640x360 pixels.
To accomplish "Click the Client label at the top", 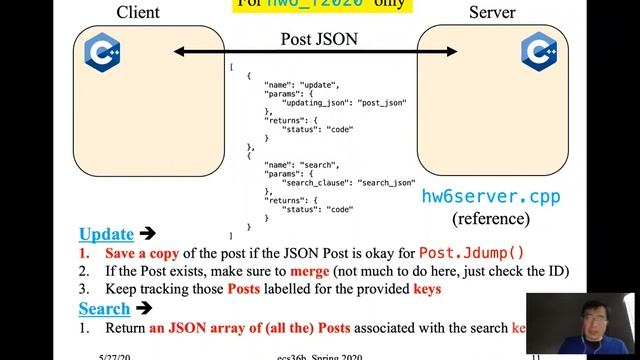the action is (138, 13).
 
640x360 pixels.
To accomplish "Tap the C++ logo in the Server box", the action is (538, 50).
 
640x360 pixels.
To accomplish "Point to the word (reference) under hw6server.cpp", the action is (490, 217).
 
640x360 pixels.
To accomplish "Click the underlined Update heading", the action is (107, 234).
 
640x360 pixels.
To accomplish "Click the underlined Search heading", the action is (104, 309).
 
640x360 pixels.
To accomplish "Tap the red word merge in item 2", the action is (311, 271).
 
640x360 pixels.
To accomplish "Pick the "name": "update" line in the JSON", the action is (302, 85).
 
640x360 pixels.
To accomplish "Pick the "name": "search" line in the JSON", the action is (302, 164).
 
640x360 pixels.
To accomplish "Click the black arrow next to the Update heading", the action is (147, 234).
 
